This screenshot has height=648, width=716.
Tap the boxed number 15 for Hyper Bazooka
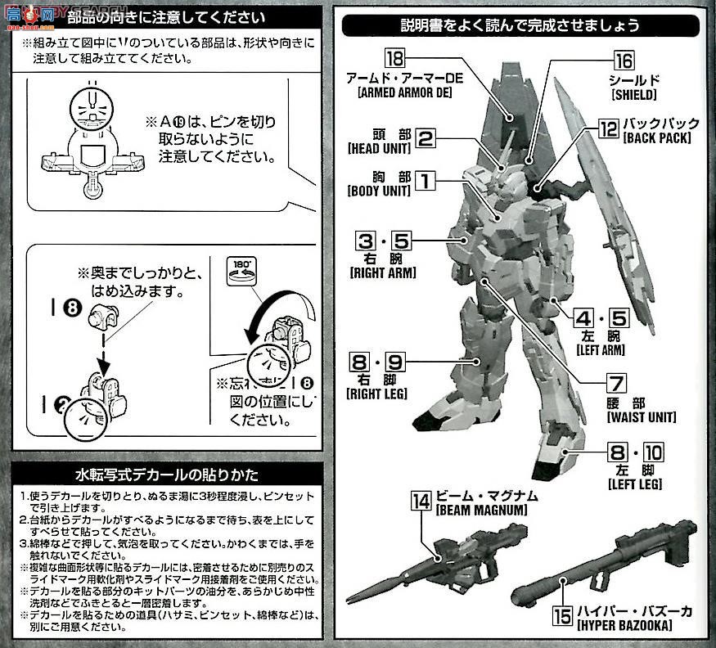tap(562, 612)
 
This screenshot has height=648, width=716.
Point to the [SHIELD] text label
tap(633, 95)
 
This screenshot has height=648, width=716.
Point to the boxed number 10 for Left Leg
tap(653, 452)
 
